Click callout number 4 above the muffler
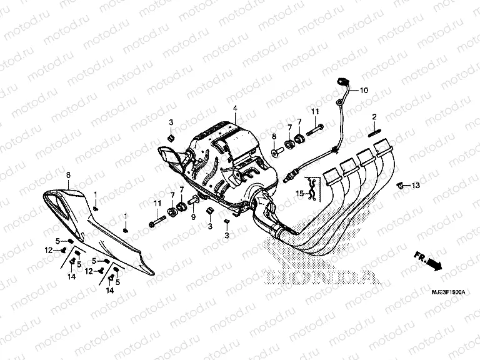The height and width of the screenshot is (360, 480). pos(235,109)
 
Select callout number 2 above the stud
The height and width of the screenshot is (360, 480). pos(374,117)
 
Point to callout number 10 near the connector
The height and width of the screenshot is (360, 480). pos(364,90)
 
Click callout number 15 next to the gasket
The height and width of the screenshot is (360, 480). pos(300,194)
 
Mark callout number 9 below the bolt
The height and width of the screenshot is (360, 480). pos(193,217)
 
